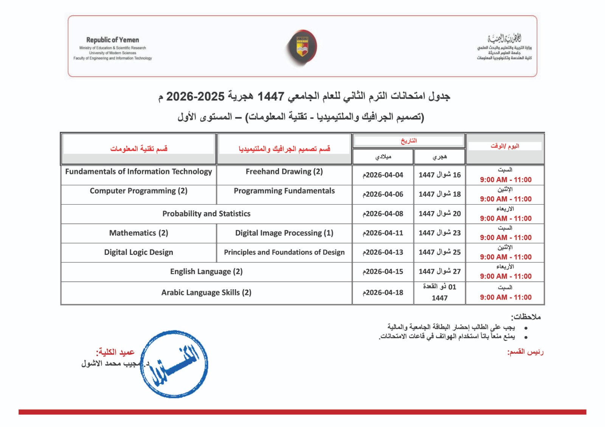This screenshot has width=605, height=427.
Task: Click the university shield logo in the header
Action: coord(301,47)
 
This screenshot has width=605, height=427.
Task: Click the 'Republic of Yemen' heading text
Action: coord(112,40)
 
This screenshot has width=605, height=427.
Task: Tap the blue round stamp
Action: coord(174,364)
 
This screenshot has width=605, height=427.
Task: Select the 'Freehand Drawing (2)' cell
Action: coord(284,171)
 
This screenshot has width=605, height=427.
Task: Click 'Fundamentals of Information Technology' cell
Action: coord(138,171)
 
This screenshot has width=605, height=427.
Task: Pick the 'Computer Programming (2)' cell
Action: coord(138,191)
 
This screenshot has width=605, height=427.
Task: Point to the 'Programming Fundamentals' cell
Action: coord(284,191)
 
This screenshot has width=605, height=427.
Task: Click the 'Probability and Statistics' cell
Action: coord(206,214)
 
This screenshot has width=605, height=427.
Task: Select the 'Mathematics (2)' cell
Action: coord(138,233)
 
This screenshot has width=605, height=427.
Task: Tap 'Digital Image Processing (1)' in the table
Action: coord(284,233)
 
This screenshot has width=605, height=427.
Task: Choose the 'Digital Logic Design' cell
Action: coord(138,252)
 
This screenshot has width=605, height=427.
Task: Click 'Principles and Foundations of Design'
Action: coord(284,252)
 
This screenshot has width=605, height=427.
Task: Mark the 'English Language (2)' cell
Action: coord(206,271)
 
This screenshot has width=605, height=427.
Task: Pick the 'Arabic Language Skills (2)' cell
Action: coord(206,293)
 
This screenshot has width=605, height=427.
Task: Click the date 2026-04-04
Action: coord(383,175)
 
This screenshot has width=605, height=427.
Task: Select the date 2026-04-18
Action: coord(383,293)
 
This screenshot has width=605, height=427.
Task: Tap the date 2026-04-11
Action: coord(383,233)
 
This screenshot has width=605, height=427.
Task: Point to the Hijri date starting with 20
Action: coord(439,214)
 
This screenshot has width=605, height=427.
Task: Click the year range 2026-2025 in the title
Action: coord(195,97)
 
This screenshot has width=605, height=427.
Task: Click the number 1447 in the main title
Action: coord(271,97)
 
